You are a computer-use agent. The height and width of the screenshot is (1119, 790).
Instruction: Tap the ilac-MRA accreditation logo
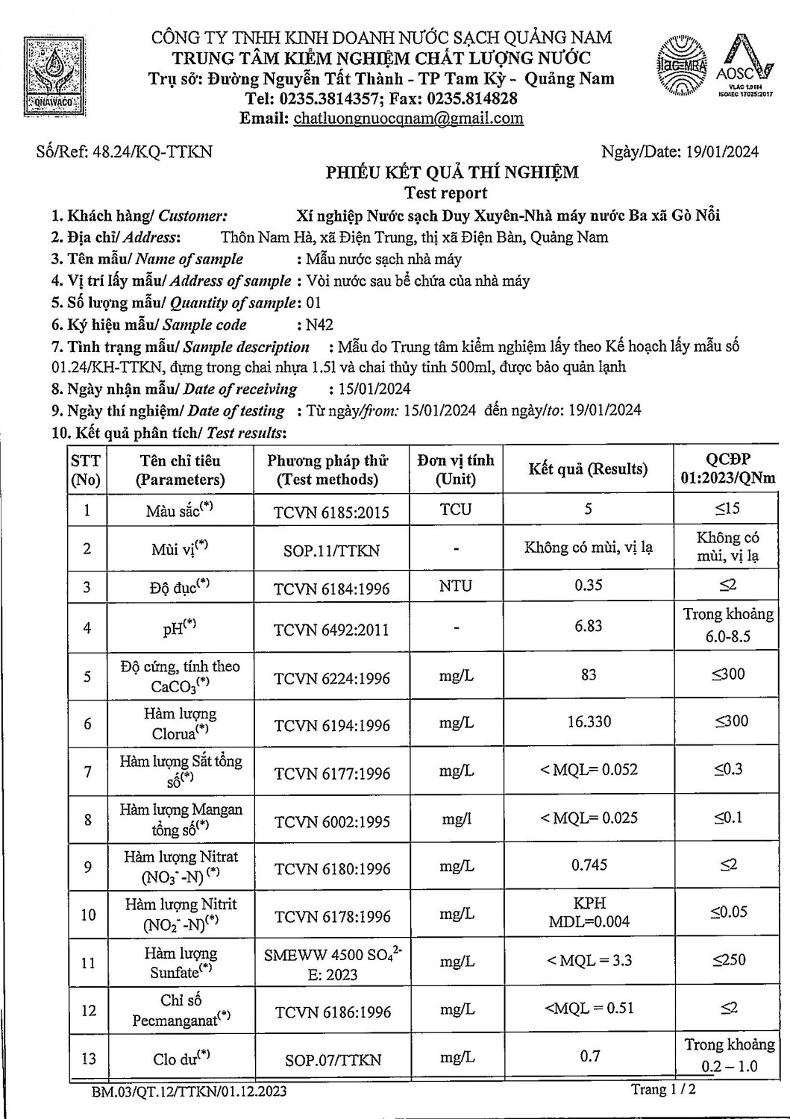(682, 67)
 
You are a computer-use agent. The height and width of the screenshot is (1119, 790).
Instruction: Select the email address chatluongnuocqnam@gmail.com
(408, 119)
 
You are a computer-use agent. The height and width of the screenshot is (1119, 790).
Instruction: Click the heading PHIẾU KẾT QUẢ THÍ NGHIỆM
(451, 173)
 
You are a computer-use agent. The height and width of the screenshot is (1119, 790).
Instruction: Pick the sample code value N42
(320, 325)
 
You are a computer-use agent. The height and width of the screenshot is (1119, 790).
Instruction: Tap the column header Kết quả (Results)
(588, 469)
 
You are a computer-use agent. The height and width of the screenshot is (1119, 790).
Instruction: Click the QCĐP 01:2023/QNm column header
(727, 469)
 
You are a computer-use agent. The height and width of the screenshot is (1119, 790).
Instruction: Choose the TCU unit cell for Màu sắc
(455, 510)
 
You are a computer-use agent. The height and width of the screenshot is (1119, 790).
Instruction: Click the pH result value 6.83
(588, 627)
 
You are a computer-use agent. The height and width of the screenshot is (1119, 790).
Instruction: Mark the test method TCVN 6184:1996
(331, 589)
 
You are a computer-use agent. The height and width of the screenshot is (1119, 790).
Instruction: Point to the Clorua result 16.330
(588, 722)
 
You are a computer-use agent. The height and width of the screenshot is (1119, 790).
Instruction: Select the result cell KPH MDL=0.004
(589, 912)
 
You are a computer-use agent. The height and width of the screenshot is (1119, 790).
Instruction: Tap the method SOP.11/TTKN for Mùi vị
(331, 551)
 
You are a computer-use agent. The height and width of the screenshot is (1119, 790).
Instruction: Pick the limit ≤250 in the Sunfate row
(728, 960)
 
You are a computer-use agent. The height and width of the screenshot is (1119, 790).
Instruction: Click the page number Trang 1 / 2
(663, 1090)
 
